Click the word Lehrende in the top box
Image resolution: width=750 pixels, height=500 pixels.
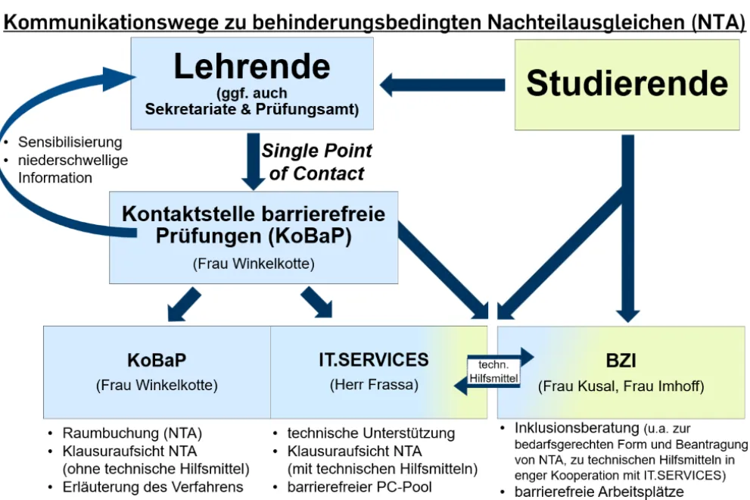click(x=252, y=67)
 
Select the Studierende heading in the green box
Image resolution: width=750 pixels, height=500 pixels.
click(x=627, y=83)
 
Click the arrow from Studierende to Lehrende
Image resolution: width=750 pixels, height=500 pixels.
click(x=443, y=84)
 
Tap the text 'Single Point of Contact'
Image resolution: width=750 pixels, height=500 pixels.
click(x=316, y=162)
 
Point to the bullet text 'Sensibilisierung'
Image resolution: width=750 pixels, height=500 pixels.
click(x=70, y=142)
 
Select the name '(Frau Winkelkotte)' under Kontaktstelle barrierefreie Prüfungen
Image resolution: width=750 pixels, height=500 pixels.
click(x=253, y=264)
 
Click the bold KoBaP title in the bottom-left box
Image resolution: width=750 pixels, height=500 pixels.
click(x=157, y=359)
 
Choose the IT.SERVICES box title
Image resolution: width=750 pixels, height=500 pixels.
click(x=373, y=359)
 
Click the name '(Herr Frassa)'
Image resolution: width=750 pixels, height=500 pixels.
click(x=373, y=385)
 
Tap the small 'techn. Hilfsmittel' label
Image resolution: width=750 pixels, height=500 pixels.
click(x=493, y=371)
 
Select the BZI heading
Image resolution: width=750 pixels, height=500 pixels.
click(x=621, y=359)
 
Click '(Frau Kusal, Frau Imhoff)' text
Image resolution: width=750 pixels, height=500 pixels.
click(x=621, y=386)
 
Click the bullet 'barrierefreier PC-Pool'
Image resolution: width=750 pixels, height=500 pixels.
click(x=359, y=486)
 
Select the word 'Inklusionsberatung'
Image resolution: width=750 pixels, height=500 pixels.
click(x=577, y=429)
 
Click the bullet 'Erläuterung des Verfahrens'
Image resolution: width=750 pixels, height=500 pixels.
click(x=152, y=486)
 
